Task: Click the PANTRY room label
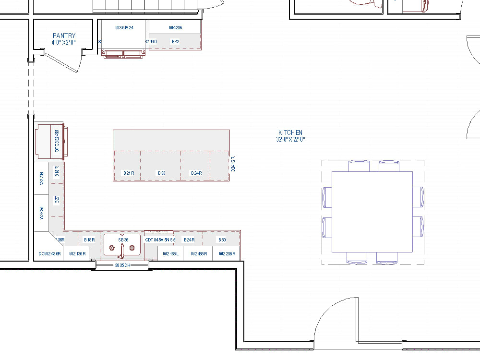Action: [64, 36]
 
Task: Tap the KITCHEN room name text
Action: [290, 132]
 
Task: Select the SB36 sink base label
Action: [123, 240]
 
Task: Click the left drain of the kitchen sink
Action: [112, 248]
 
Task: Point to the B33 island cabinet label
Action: [161, 173]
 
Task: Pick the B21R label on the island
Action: [128, 173]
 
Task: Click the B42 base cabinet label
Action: [175, 42]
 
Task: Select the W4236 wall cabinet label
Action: [175, 28]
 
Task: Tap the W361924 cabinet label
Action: [124, 28]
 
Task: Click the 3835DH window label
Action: [122, 265]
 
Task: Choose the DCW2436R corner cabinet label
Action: [49, 253]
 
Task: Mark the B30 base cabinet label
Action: [222, 240]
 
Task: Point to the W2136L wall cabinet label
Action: [170, 253]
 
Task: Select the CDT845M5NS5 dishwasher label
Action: [160, 240]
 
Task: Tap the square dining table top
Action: [372, 211]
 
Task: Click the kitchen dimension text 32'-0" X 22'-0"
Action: [290, 140]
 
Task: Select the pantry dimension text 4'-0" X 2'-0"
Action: [64, 42]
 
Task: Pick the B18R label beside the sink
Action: [89, 240]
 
